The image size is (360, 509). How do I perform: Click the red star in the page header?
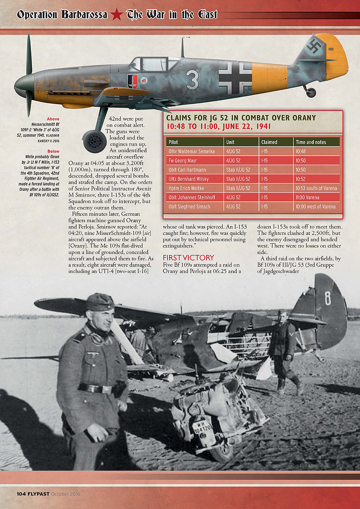116,15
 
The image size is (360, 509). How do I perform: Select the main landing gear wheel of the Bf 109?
94,141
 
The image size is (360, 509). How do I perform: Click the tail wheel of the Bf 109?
310,92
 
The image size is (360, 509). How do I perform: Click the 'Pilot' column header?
173,142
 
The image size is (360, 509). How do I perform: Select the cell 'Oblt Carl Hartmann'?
187,170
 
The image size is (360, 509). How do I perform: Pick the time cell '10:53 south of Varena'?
316,188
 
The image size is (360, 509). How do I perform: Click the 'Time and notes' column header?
311,142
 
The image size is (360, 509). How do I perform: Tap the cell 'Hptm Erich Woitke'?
186,188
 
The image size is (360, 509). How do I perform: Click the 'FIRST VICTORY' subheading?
188,258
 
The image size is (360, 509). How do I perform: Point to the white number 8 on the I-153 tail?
327,298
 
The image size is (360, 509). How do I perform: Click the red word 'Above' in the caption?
53,119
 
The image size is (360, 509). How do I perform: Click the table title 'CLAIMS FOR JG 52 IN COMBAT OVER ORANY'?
241,118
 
